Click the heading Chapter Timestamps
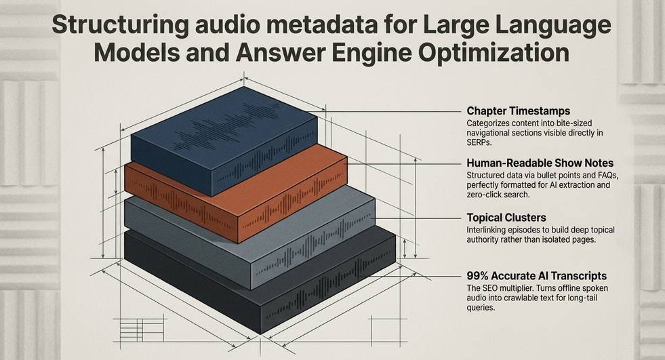pos(519,111)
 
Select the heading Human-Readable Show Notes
pos(540,163)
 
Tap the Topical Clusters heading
pos(506,218)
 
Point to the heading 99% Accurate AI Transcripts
pos(536,276)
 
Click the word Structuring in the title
pos(120,26)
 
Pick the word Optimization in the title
pos(493,53)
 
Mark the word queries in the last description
pos(481,308)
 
